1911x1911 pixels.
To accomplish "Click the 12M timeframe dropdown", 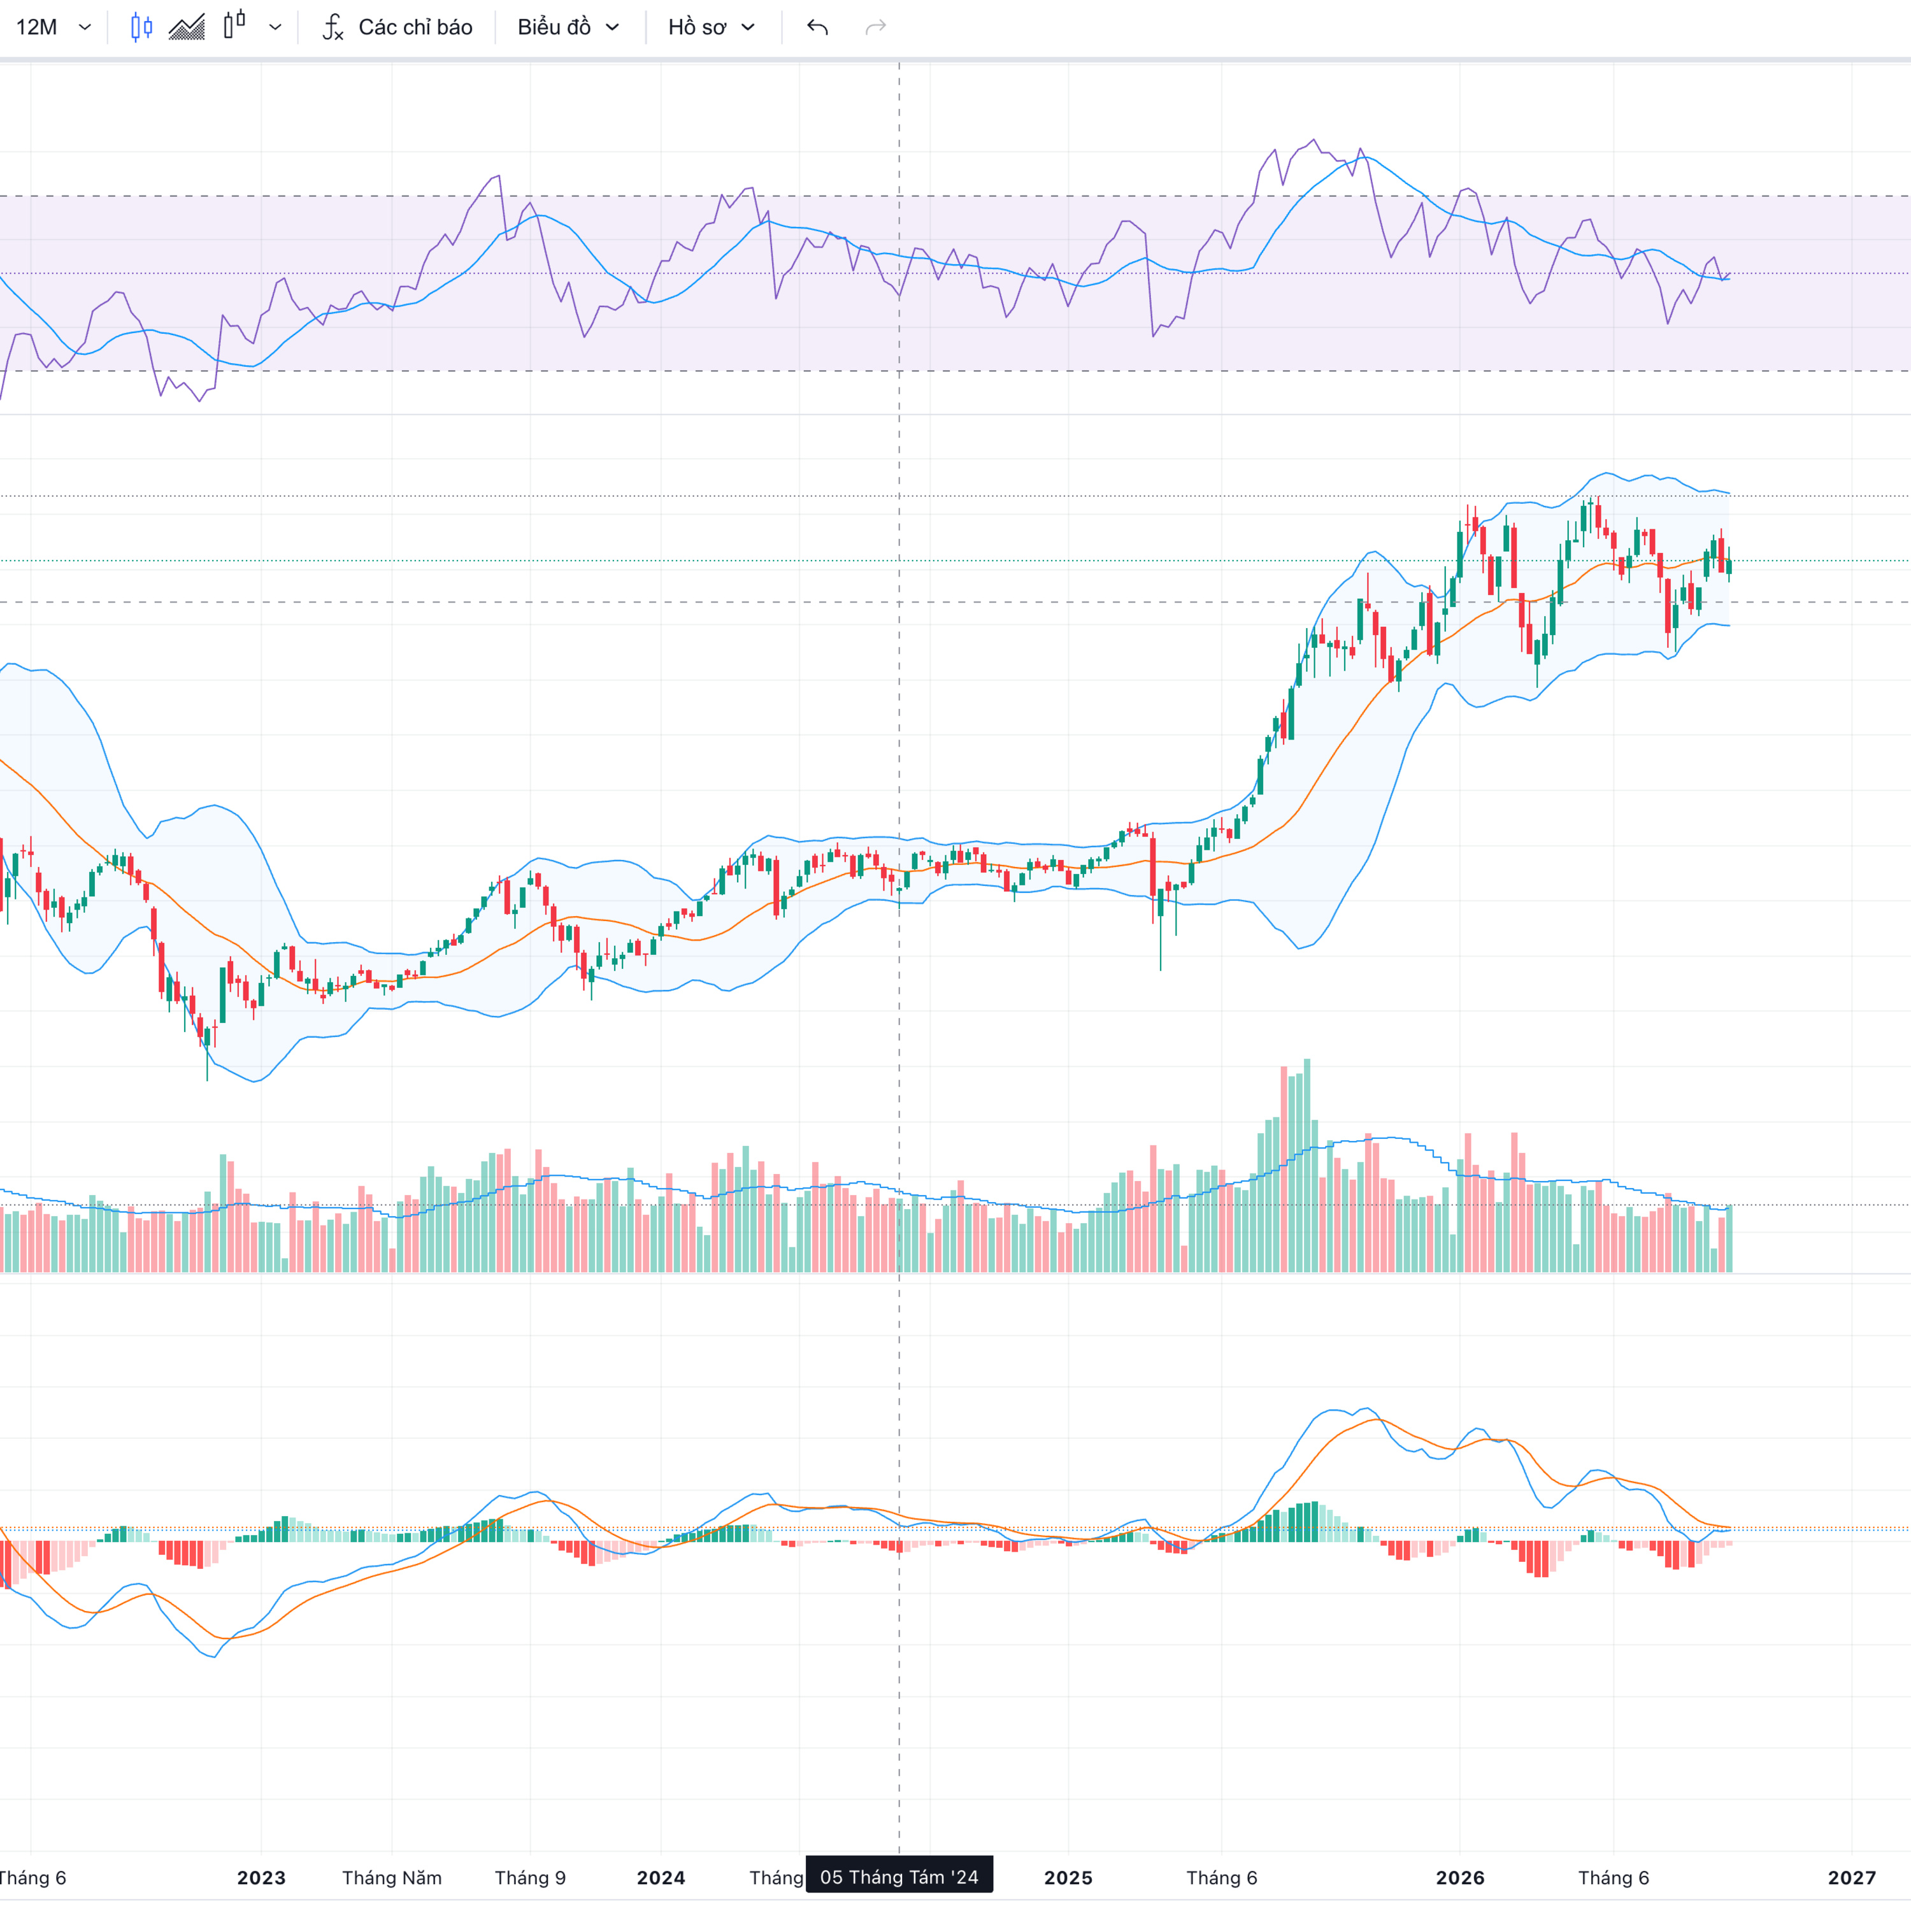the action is click(54, 27).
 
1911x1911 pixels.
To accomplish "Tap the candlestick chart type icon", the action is click(141, 27).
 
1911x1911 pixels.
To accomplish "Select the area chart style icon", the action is click(187, 27).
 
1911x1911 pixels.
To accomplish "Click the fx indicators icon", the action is click(333, 27).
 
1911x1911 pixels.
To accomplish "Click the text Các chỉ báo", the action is click(415, 27).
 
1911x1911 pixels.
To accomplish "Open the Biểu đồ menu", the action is click(568, 27).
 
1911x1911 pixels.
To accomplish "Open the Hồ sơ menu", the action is click(711, 27).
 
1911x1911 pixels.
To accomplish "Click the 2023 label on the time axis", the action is click(261, 1877).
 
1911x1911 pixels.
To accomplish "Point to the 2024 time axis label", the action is click(661, 1877).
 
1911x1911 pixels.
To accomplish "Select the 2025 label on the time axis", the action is click(1068, 1877).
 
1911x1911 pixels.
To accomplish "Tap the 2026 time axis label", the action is click(1460, 1877).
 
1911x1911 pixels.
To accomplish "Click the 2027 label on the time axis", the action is click(1852, 1877).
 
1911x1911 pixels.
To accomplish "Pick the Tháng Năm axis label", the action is click(392, 1877).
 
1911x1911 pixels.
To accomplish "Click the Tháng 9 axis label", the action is click(530, 1877).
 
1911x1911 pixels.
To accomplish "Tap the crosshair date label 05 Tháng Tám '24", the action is click(899, 1877).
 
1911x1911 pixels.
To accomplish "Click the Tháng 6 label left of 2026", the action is click(1222, 1877).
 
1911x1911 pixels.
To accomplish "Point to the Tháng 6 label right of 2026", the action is click(1614, 1877).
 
